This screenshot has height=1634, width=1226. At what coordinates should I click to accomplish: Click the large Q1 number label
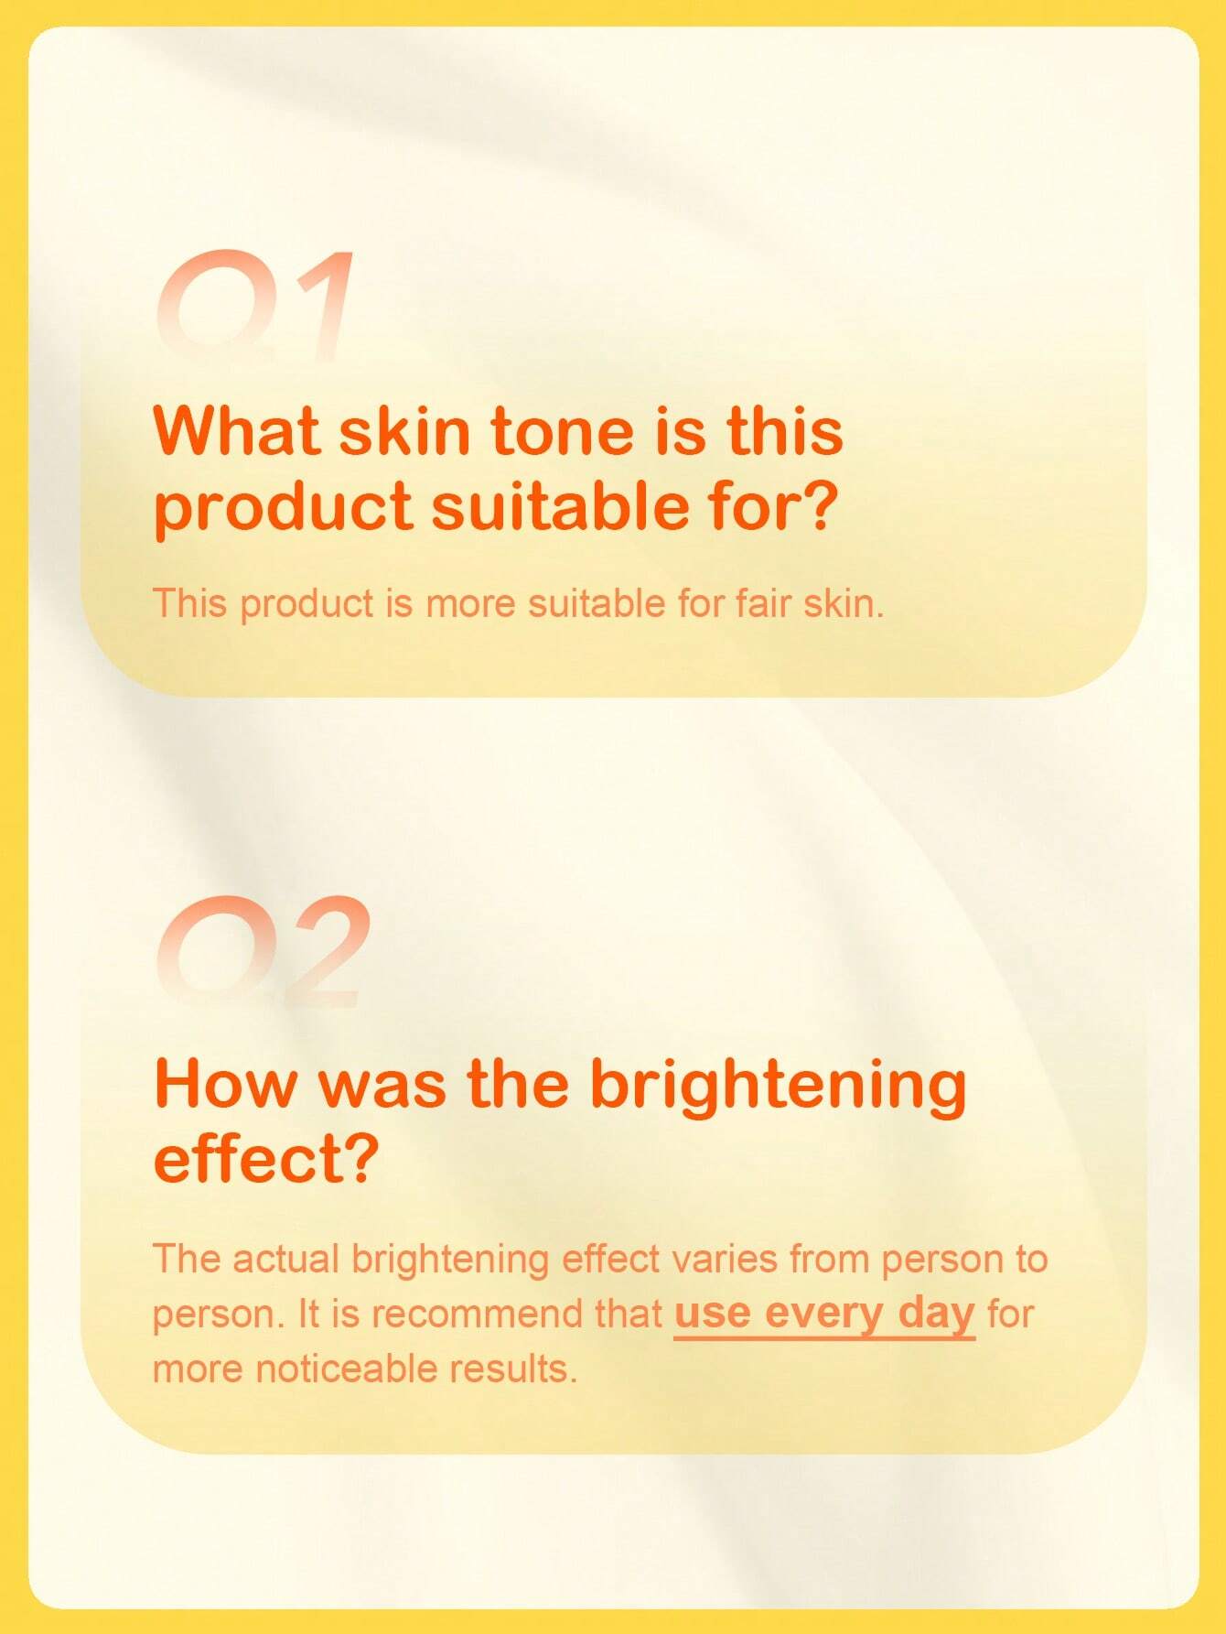(254, 304)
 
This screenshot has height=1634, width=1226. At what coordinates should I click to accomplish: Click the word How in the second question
(227, 1083)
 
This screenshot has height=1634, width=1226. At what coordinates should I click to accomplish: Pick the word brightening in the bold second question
(778, 1087)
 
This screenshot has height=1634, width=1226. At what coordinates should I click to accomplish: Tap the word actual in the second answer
(285, 1259)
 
